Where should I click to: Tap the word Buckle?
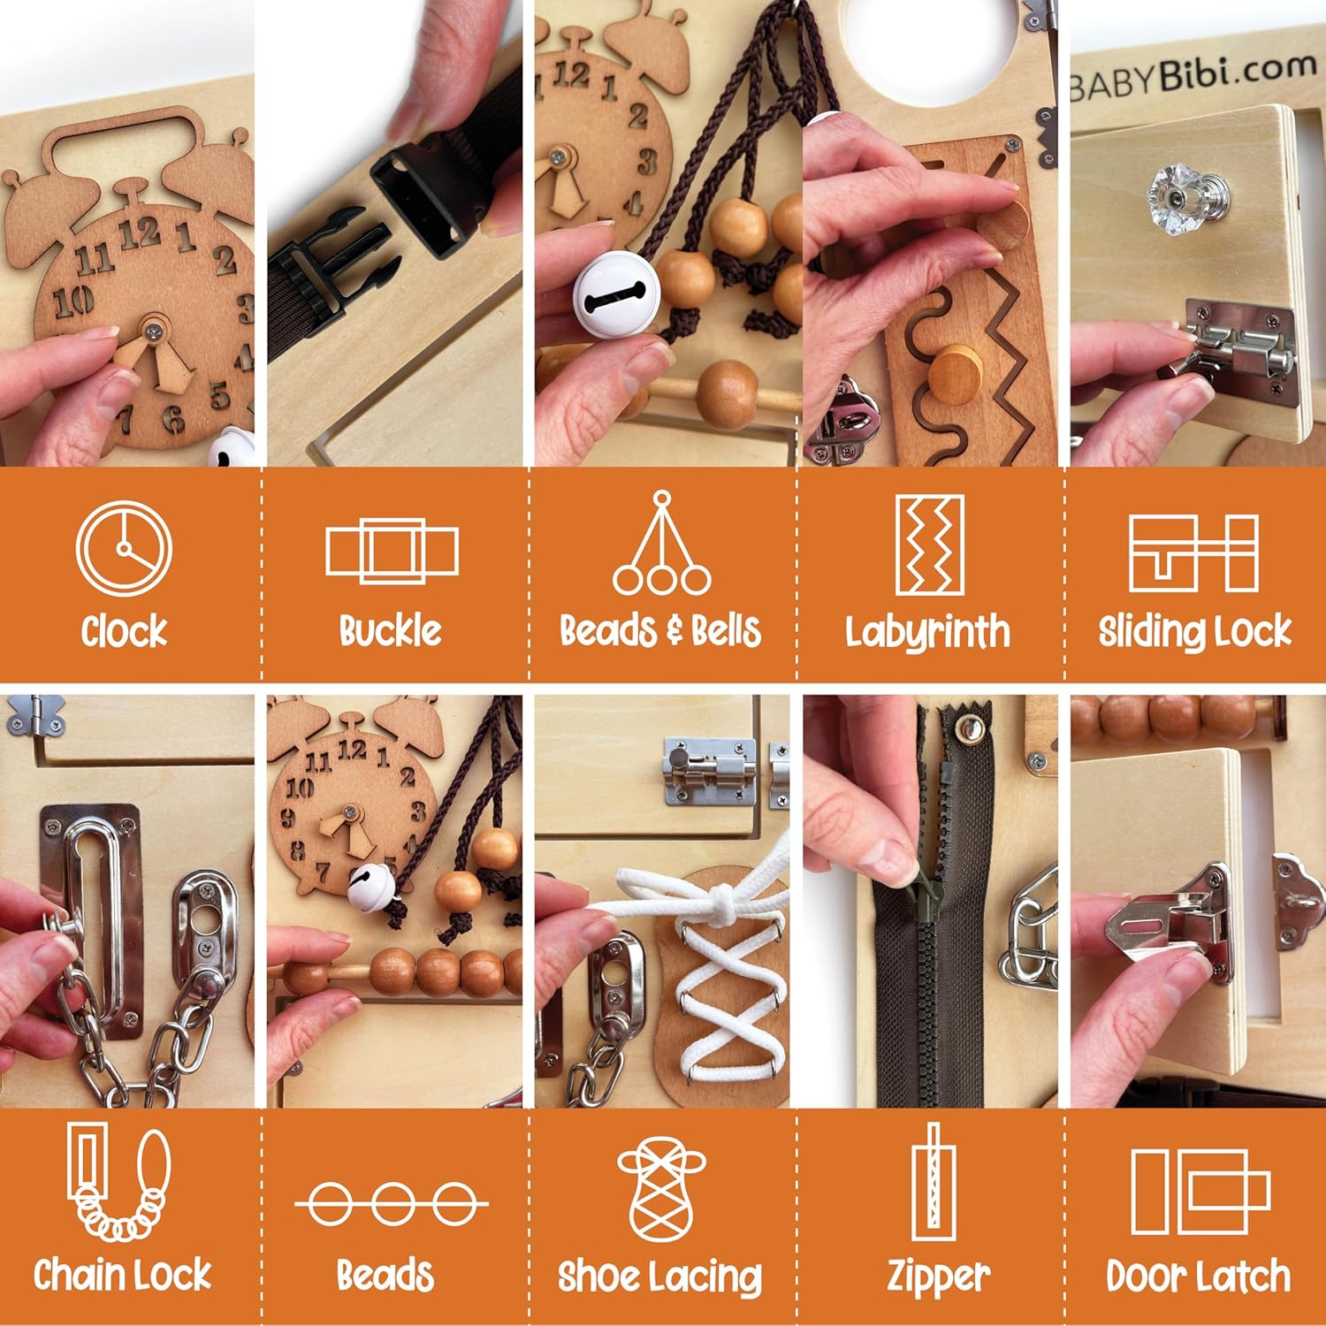[x=390, y=631]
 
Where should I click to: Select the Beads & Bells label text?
[x=660, y=631]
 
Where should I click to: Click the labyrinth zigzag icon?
[x=929, y=545]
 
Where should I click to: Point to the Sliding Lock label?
[x=1194, y=631]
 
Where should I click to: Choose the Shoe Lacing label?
[x=659, y=1276]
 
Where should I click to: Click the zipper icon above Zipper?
[x=933, y=1182]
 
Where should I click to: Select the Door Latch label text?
[x=1198, y=1276]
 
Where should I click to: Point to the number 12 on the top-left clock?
[x=140, y=233]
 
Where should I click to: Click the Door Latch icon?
[x=1200, y=1191]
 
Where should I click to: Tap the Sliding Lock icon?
[x=1193, y=553]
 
